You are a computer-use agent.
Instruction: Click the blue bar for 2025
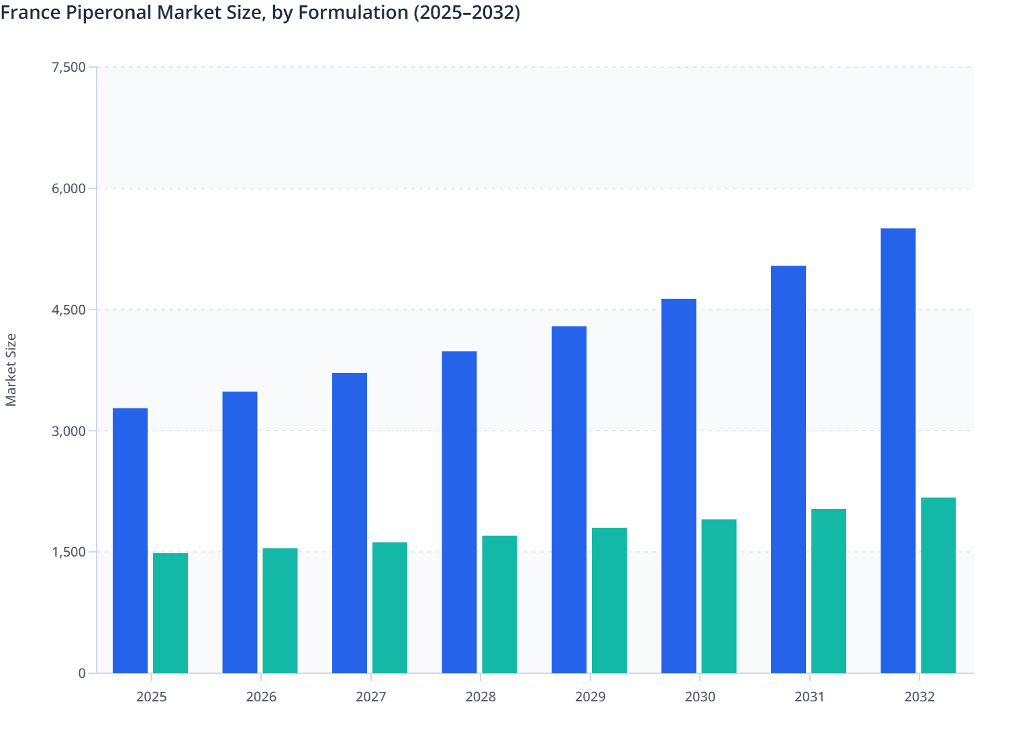pos(130,540)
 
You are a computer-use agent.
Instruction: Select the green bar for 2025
pos(170,613)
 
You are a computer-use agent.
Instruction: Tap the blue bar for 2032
pos(898,451)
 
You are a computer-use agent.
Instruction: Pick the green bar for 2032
pos(938,585)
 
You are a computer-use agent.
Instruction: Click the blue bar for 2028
pos(459,512)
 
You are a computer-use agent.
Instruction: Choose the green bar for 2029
pos(609,600)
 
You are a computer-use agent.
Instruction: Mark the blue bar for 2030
pos(678,486)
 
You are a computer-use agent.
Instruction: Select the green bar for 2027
pos(390,608)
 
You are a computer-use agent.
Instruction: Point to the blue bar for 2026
pos(240,532)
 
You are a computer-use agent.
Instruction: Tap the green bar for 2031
pos(829,591)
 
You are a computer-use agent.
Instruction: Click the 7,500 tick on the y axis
pos(68,67)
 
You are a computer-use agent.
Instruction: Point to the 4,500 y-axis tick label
pos(68,310)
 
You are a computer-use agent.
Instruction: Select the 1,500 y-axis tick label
pos(68,552)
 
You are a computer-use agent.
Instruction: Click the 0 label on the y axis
pos(82,673)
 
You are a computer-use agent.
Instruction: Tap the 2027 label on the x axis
pos(371,697)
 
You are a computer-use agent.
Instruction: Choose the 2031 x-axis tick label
pos(810,697)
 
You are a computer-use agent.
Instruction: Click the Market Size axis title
pos(11,369)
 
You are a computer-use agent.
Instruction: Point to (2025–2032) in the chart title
pos(466,12)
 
